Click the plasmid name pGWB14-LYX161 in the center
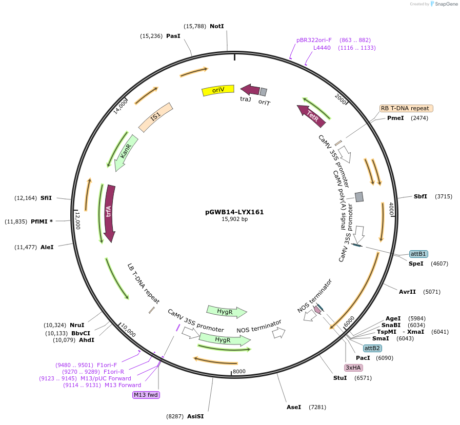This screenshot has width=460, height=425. (x=234, y=212)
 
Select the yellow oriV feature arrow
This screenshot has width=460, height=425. (x=218, y=90)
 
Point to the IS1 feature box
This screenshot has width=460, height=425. (x=155, y=117)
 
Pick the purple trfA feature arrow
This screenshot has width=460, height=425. (x=109, y=213)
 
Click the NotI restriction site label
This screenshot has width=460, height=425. (x=217, y=26)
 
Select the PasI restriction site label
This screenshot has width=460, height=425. (x=173, y=36)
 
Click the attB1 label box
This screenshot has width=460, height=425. (x=418, y=254)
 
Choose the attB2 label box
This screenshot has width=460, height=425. (x=372, y=348)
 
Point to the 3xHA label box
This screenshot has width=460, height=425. (x=353, y=368)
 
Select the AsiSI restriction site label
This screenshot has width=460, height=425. (x=195, y=416)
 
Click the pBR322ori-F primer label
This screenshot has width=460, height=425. (x=314, y=40)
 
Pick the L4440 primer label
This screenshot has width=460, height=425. (x=322, y=48)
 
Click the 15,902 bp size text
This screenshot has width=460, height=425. (x=234, y=219)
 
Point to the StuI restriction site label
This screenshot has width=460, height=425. (x=340, y=378)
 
